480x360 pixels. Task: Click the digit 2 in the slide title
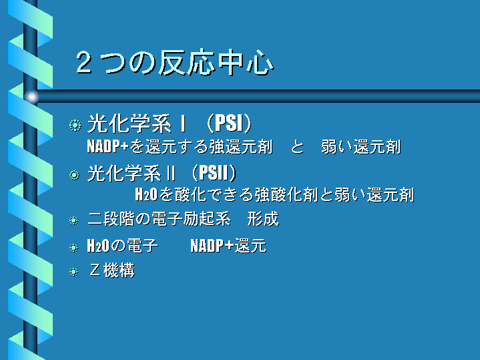(84, 62)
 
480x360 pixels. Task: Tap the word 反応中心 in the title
(216, 63)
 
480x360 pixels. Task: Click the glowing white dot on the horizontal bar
(31, 97)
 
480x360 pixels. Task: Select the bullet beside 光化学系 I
(75, 126)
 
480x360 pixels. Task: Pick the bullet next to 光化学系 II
(74, 175)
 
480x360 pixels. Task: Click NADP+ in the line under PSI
(107, 146)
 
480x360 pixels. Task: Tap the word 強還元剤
(241, 146)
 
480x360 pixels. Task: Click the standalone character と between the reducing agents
(297, 147)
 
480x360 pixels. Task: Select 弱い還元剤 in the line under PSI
(361, 146)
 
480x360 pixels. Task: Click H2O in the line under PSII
(146, 194)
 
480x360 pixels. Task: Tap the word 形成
(263, 219)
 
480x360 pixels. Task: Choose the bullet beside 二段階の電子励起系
(74, 220)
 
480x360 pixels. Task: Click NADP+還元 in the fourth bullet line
(228, 245)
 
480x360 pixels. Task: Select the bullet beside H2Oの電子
(74, 248)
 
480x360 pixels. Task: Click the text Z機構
(112, 271)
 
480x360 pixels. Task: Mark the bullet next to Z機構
(74, 272)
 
